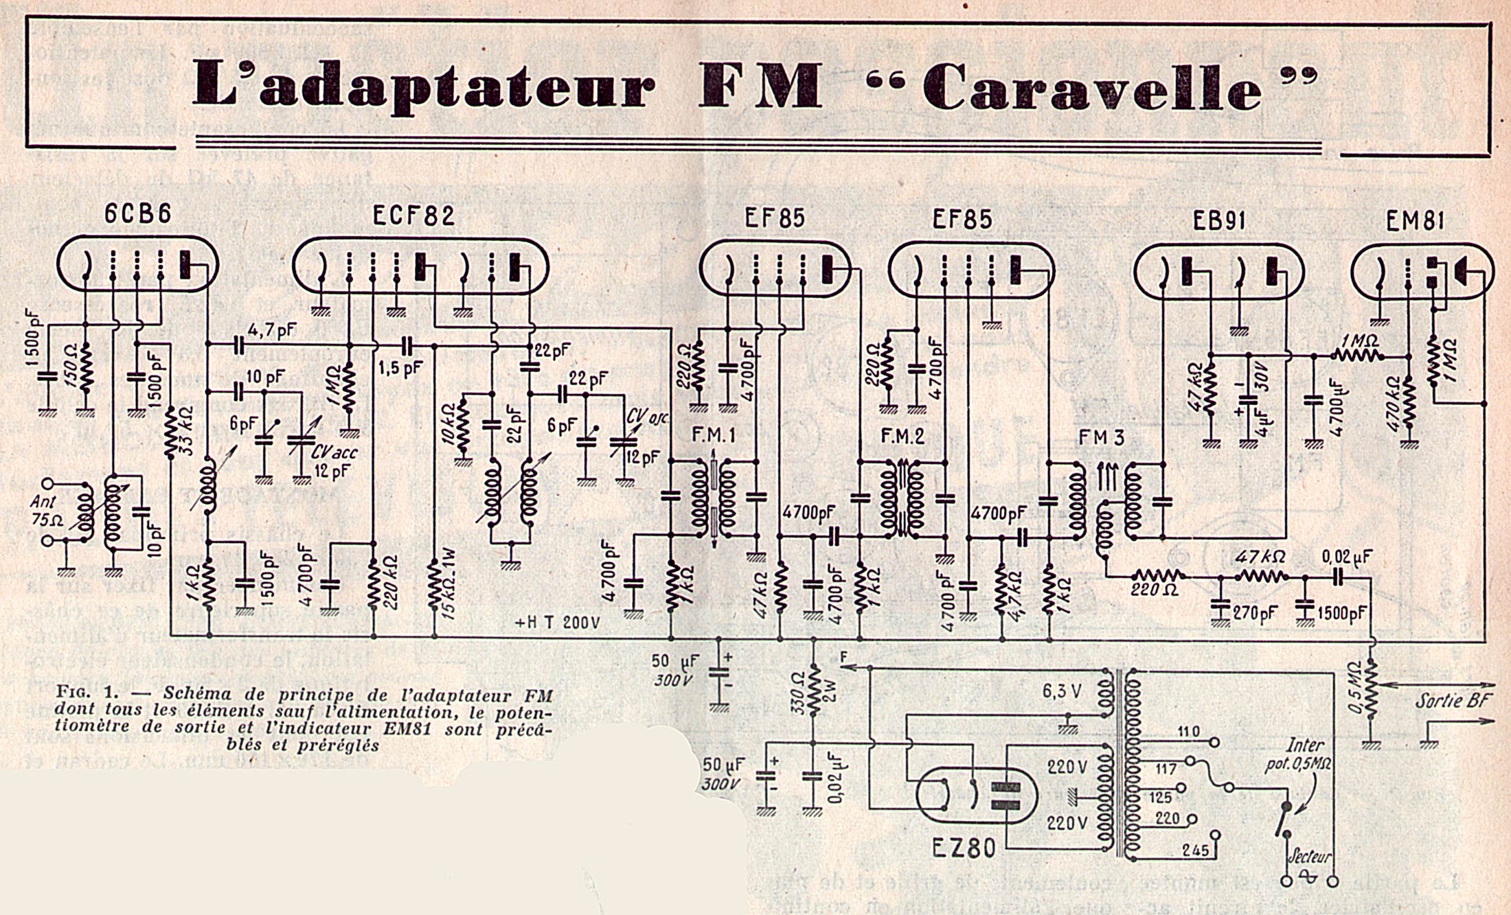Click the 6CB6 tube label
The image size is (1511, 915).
pyautogui.click(x=137, y=214)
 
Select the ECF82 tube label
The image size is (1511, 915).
pyautogui.click(x=413, y=216)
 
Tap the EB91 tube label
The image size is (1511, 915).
pyautogui.click(x=1218, y=221)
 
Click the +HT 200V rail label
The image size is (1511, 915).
pyautogui.click(x=558, y=623)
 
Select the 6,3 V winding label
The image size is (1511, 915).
pyautogui.click(x=1061, y=691)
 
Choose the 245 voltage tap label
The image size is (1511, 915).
pyautogui.click(x=1195, y=850)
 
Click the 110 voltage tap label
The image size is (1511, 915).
pyautogui.click(x=1188, y=732)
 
